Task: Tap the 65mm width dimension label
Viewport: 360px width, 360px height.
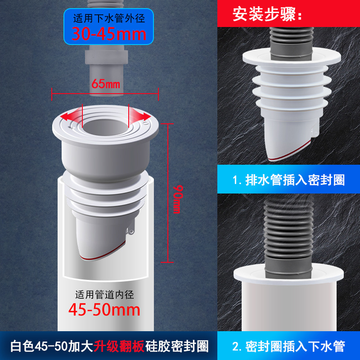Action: point(105,84)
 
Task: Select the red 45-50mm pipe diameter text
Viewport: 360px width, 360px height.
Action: point(104,310)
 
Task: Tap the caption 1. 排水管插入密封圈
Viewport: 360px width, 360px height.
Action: point(289,180)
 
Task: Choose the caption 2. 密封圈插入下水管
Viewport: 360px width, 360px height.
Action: point(289,346)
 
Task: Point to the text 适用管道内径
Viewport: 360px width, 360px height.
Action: point(104,295)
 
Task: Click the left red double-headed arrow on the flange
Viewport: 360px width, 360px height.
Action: point(72,116)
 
